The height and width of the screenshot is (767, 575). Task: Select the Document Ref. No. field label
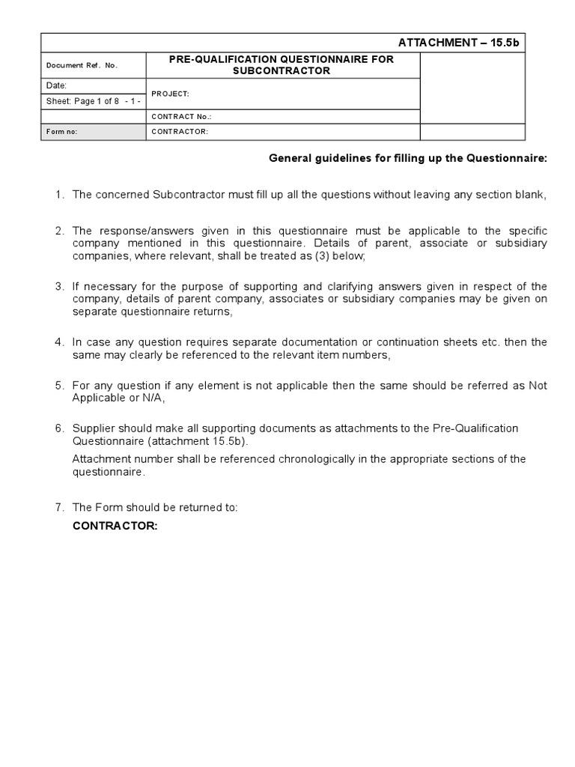pos(82,65)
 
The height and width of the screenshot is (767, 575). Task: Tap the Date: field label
pos(57,86)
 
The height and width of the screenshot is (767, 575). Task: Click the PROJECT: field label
pos(170,94)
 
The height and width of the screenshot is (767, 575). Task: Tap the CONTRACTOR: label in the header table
pos(180,132)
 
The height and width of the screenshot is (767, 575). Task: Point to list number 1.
pos(59,195)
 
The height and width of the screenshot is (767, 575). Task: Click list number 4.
pos(59,342)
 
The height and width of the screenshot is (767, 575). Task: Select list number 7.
pos(59,507)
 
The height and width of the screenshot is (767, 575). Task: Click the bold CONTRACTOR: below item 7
pos(115,526)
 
